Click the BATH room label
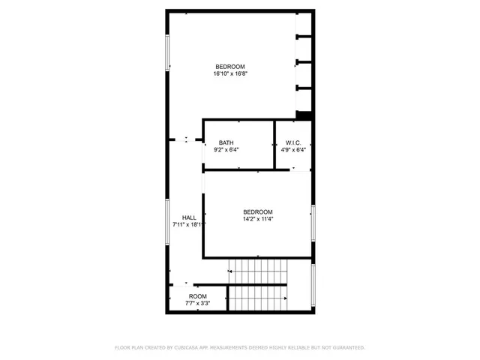(x=226, y=142)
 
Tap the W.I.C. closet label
(x=293, y=142)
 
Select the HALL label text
(x=189, y=217)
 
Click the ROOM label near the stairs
(x=198, y=296)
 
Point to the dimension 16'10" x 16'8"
(x=230, y=74)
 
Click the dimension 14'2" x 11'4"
(x=257, y=220)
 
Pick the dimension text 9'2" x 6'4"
(x=226, y=150)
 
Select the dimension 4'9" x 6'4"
(x=293, y=150)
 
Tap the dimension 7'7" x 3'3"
(x=198, y=304)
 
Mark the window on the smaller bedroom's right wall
(x=313, y=223)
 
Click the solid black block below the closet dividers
(x=304, y=115)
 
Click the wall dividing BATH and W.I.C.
(x=274, y=144)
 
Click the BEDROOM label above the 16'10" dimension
(x=230, y=67)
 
